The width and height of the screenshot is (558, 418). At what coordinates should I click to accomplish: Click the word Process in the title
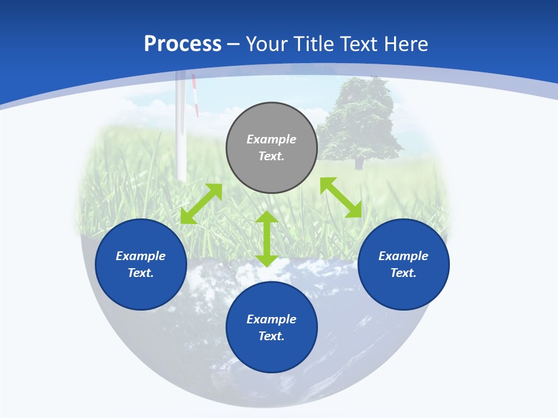click(x=183, y=44)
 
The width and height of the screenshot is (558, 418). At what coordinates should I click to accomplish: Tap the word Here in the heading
click(x=405, y=44)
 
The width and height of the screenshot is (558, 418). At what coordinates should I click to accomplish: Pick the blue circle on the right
click(x=403, y=290)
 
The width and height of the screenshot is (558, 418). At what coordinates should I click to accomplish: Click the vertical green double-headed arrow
click(x=267, y=239)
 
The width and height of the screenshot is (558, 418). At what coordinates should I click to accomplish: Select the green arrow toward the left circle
click(x=201, y=204)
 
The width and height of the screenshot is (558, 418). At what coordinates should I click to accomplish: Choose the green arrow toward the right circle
click(x=341, y=197)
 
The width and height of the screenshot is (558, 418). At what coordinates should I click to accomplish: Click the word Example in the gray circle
click(x=271, y=139)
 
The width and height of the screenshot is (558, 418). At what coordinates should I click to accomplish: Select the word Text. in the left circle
click(x=141, y=273)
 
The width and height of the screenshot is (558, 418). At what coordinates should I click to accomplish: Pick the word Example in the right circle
click(x=403, y=256)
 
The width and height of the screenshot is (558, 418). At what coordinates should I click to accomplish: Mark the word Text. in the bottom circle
click(x=271, y=336)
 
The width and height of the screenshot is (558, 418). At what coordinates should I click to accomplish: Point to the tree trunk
click(x=359, y=163)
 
